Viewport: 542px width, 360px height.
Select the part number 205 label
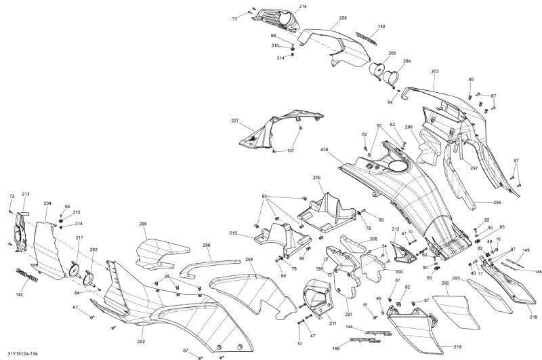(343, 18)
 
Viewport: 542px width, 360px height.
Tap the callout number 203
(434, 71)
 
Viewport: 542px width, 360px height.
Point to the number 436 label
(325, 148)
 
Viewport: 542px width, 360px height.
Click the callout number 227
(235, 121)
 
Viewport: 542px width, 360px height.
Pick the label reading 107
(291, 150)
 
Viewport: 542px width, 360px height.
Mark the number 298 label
(143, 224)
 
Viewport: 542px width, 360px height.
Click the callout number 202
(141, 341)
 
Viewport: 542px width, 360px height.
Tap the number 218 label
(457, 345)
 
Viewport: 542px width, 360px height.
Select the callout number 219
(533, 317)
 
